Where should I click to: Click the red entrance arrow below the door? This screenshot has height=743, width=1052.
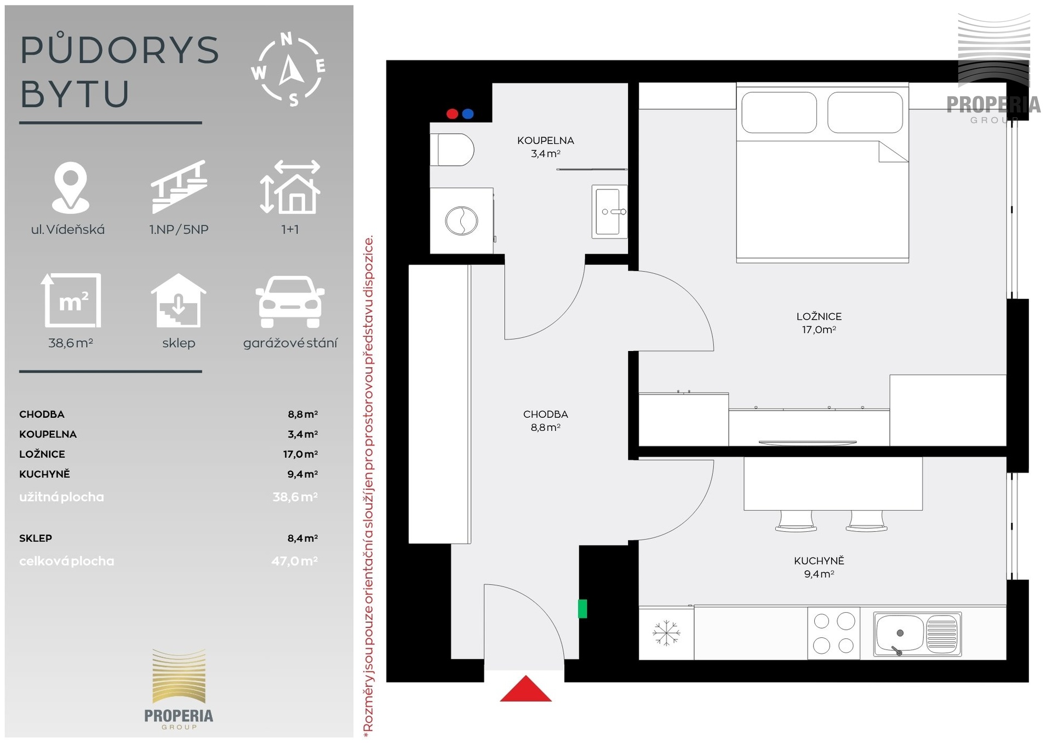click(x=525, y=689)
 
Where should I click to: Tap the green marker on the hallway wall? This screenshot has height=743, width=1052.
click(x=582, y=609)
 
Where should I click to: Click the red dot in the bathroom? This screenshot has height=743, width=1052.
click(x=452, y=114)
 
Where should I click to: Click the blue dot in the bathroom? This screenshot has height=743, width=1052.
click(x=468, y=114)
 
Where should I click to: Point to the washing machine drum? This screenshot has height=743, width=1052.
click(x=461, y=221)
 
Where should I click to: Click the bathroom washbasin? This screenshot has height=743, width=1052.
click(x=609, y=212)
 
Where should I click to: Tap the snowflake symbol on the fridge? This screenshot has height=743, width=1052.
click(x=666, y=633)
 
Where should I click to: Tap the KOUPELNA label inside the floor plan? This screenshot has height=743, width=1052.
click(x=546, y=141)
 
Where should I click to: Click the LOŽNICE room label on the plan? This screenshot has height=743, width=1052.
click(x=819, y=316)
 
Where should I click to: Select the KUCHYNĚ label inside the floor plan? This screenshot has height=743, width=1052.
click(x=819, y=561)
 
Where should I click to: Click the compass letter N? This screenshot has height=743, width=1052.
click(x=286, y=39)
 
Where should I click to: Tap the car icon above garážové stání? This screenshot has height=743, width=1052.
click(x=290, y=302)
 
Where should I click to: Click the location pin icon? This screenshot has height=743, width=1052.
click(x=70, y=188)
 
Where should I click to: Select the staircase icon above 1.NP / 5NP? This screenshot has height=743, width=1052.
click(x=179, y=187)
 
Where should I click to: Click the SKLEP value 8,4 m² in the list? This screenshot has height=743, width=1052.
click(x=302, y=538)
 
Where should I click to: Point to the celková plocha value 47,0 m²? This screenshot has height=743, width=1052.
click(x=294, y=561)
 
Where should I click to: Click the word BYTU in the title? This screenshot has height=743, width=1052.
click(x=75, y=94)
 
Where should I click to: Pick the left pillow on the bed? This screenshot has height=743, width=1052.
click(x=779, y=112)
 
